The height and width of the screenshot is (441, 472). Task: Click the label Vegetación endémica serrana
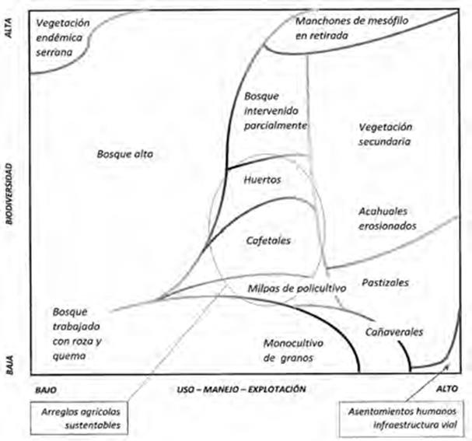point(63,37)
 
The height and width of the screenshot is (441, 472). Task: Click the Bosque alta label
point(124,155)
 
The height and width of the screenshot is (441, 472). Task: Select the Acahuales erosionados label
point(387,218)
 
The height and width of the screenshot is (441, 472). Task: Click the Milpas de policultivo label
point(295,287)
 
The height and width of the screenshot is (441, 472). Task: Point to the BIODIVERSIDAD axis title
point(10,194)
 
